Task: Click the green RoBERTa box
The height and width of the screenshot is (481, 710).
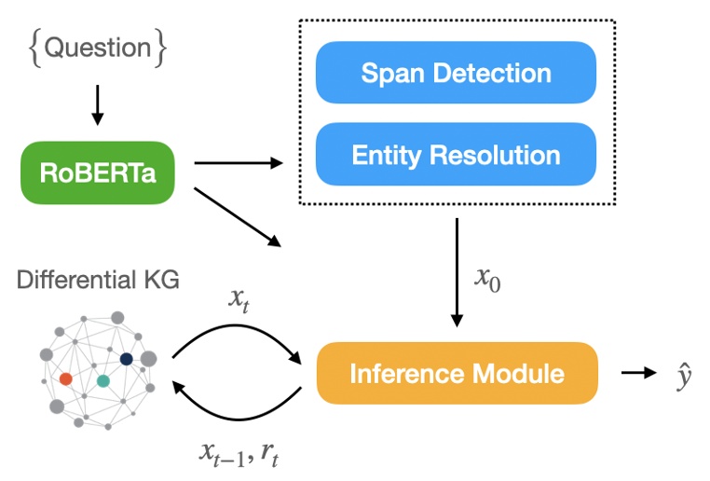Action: pyautogui.click(x=97, y=172)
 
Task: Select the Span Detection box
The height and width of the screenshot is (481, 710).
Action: pyautogui.click(x=456, y=73)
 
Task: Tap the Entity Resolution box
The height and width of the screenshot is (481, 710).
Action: pyautogui.click(x=456, y=154)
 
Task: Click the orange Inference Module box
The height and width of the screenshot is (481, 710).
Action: pyautogui.click(x=457, y=374)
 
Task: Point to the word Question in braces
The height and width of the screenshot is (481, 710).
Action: pyautogui.click(x=98, y=48)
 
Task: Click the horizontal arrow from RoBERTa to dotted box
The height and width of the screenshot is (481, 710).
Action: pyautogui.click(x=238, y=164)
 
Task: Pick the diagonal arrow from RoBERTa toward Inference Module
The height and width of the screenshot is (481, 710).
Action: pyautogui.click(x=238, y=218)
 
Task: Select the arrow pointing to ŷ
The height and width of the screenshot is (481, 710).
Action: pyautogui.click(x=638, y=374)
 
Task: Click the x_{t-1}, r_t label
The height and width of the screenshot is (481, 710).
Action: pyautogui.click(x=239, y=455)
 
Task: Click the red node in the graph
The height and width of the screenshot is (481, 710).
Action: pyautogui.click(x=65, y=378)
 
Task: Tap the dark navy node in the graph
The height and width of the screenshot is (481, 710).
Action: pyautogui.click(x=126, y=359)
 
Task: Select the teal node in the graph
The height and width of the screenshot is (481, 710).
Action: pyautogui.click(x=103, y=380)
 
